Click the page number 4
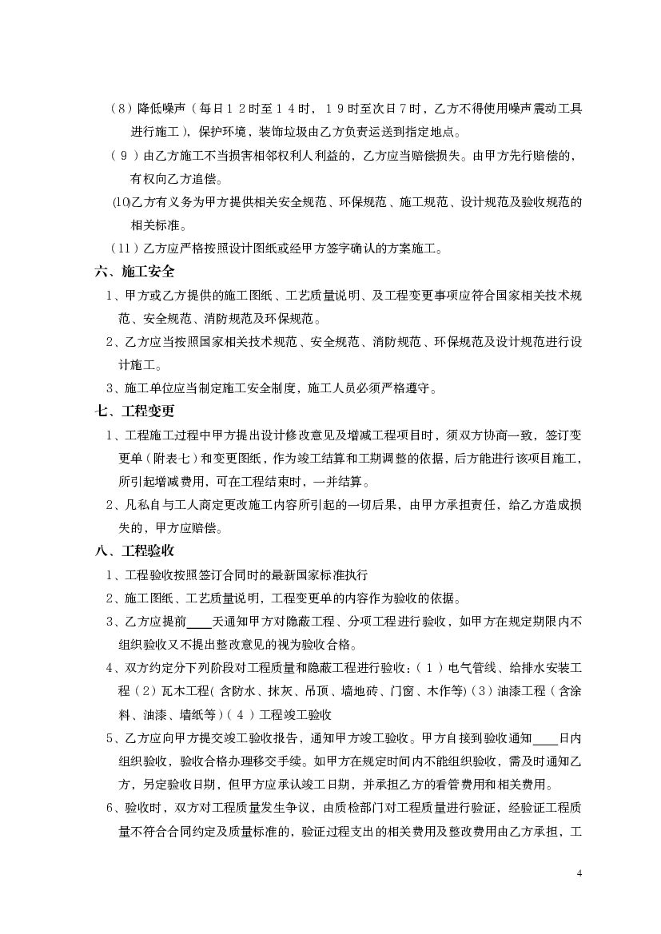click(579, 873)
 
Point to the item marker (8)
click(121, 109)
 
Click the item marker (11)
click(123, 248)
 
